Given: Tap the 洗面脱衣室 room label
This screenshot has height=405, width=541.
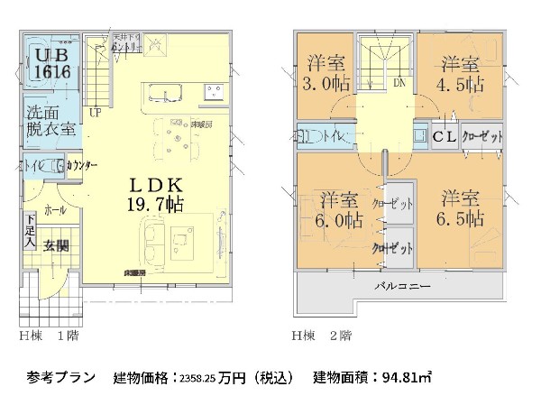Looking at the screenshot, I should pos(50,122).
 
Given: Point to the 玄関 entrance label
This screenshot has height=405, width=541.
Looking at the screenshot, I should pos(56,244).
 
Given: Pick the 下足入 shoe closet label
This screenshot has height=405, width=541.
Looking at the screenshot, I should pos(30,232).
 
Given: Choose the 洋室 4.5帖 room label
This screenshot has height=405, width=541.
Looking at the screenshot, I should pos(460,75).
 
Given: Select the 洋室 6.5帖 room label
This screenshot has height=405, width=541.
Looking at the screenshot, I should pos(460,208).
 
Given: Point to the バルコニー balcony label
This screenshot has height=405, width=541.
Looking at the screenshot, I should pos(402,287).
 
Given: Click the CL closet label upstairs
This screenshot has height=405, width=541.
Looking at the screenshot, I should pos(444,137).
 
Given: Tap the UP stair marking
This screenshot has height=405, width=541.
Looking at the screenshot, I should pos(95,112).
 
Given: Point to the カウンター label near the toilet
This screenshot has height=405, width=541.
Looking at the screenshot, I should pos(82,166).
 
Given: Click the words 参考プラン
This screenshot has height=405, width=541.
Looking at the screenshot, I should pos(60,377).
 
